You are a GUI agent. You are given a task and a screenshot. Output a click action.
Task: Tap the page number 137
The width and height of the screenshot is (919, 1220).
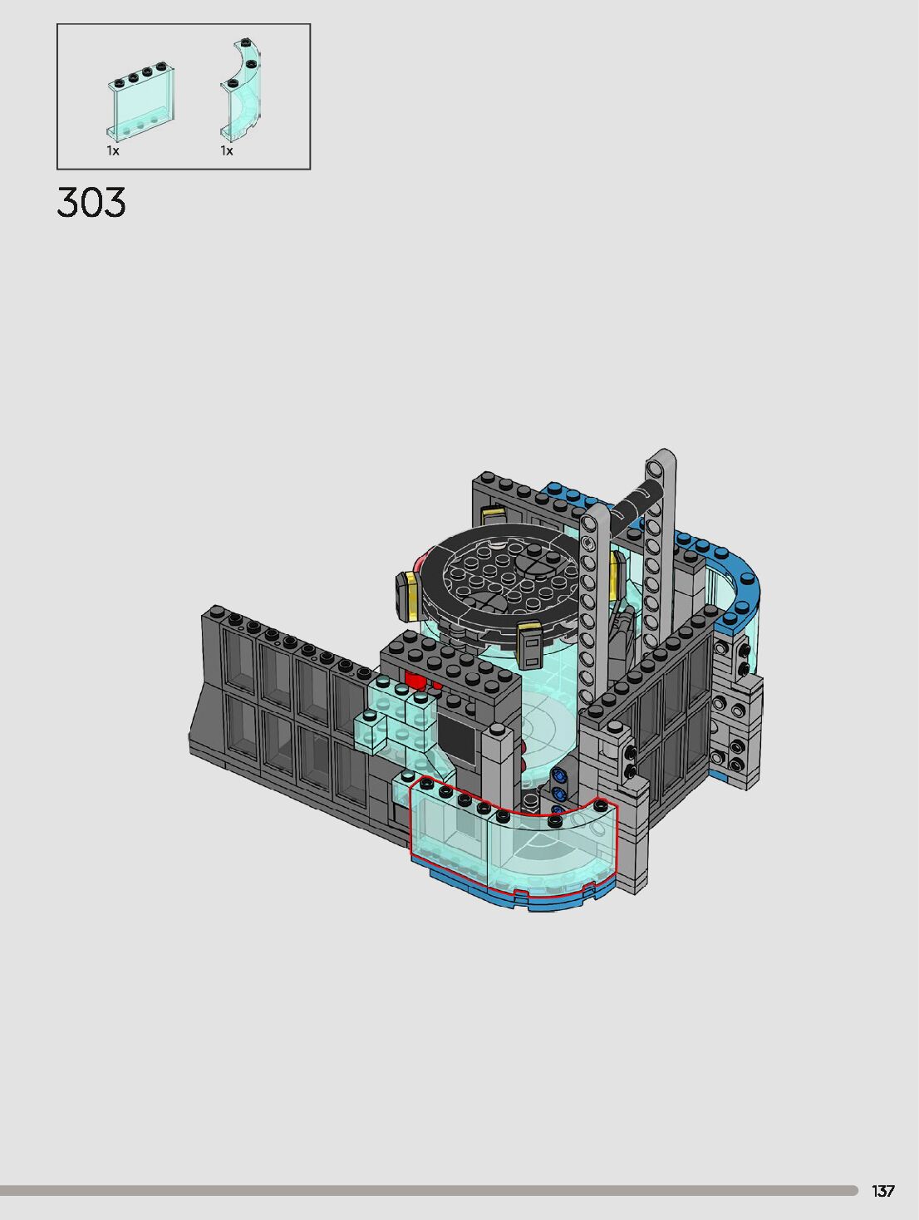(x=883, y=1191)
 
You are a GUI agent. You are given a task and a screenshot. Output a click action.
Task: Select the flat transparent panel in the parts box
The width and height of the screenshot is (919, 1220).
(x=140, y=101)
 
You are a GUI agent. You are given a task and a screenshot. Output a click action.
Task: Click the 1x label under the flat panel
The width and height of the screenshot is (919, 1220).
(x=113, y=150)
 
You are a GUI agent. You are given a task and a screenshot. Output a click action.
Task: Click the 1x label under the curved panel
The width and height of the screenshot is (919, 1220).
(x=227, y=150)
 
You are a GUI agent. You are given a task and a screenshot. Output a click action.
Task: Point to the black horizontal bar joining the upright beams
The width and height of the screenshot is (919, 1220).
(x=633, y=505)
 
